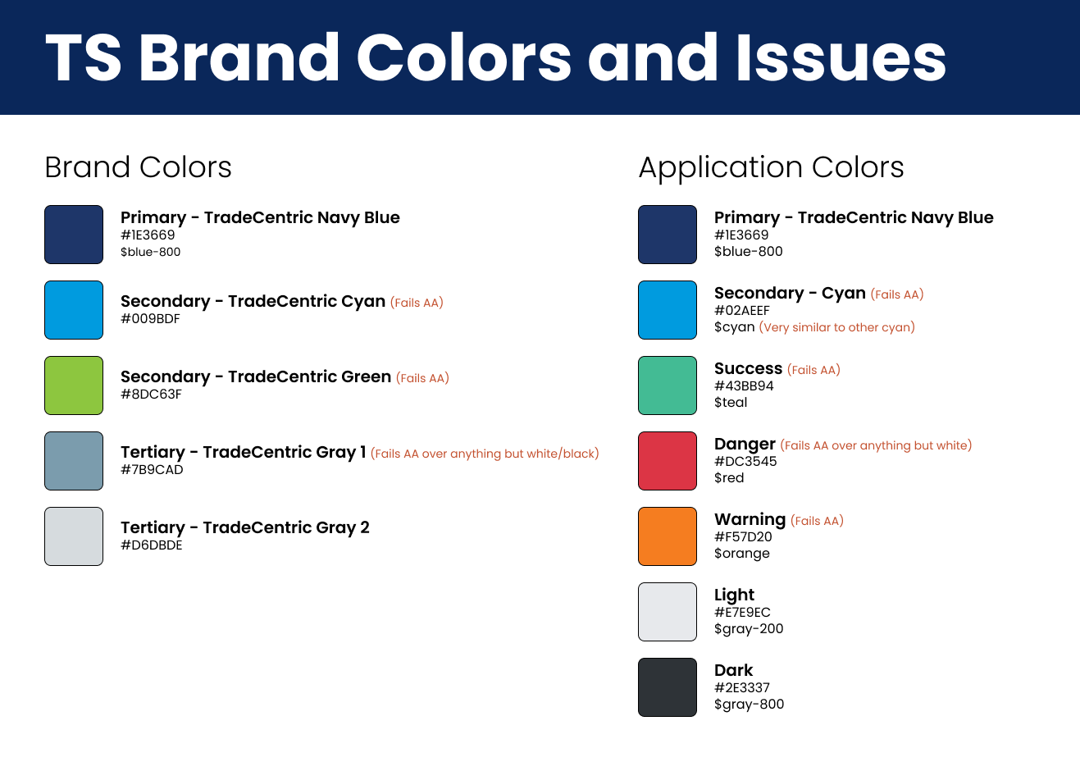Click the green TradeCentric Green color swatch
coord(74,385)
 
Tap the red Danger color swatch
coord(668,460)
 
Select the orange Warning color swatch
coord(668,536)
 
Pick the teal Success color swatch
coord(668,385)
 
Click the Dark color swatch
coord(668,687)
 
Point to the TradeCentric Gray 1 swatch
coord(74,460)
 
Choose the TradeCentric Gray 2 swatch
coord(74,536)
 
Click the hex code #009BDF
coord(150,319)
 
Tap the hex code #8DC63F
coord(151,394)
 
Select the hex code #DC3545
coord(745,462)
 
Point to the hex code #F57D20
coord(743,536)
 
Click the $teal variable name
coord(731,402)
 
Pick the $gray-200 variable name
coord(749,629)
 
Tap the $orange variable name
coord(741,554)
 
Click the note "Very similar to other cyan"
coord(837,327)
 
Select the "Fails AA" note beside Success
coord(813,370)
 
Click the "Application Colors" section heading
coord(772,168)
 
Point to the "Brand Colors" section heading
coord(138,167)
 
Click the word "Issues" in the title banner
coord(841,58)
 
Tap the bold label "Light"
coord(734,595)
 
